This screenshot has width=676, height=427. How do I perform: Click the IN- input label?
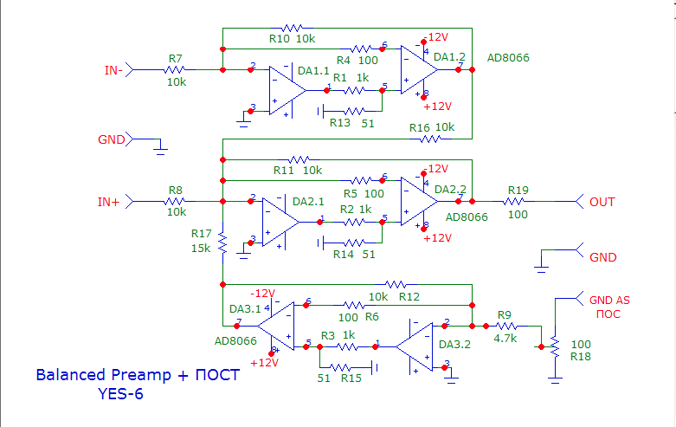pyautogui.click(x=113, y=69)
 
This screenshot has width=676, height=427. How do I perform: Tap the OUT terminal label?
pyautogui.click(x=602, y=202)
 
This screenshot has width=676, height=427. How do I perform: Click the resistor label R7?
pyautogui.click(x=176, y=58)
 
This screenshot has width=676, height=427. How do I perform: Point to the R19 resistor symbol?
pyautogui.click(x=518, y=202)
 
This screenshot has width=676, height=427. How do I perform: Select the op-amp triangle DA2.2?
pyautogui.click(x=419, y=202)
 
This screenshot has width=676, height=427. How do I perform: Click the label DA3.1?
pyautogui.click(x=243, y=308)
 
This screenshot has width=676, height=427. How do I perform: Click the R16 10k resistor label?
pyautogui.click(x=432, y=126)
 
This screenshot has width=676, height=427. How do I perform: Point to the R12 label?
pyautogui.click(x=409, y=297)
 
